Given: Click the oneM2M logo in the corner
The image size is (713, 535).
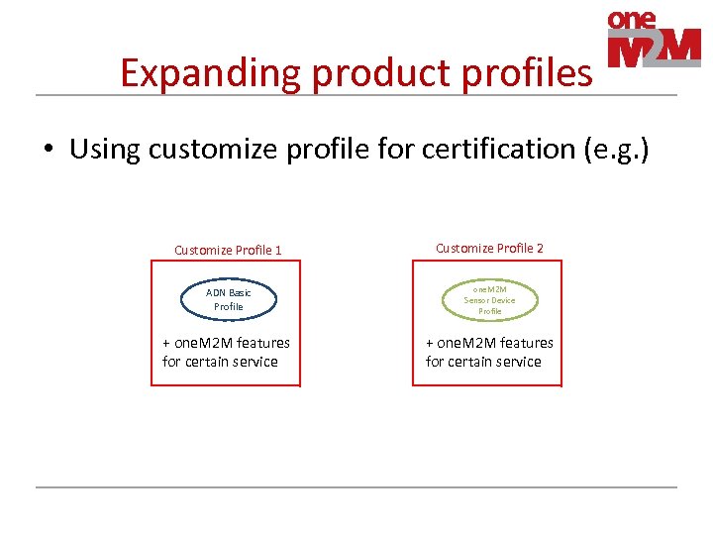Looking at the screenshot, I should (x=653, y=40).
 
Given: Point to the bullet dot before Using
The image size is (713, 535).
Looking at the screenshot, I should (x=47, y=151).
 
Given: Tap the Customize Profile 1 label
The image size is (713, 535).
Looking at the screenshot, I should (x=228, y=250).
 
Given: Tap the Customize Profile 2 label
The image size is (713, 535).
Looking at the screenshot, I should (x=489, y=248).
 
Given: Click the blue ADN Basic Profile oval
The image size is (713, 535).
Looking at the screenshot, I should (x=228, y=299).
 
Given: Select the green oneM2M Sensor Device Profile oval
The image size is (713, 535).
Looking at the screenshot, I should (x=489, y=299).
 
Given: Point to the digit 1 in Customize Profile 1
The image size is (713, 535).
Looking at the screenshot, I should (x=278, y=250).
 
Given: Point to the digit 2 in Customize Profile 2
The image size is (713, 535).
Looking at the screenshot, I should (x=540, y=248).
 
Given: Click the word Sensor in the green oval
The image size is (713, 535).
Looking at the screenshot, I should (x=477, y=300).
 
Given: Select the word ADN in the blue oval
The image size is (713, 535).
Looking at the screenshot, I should (x=216, y=292).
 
